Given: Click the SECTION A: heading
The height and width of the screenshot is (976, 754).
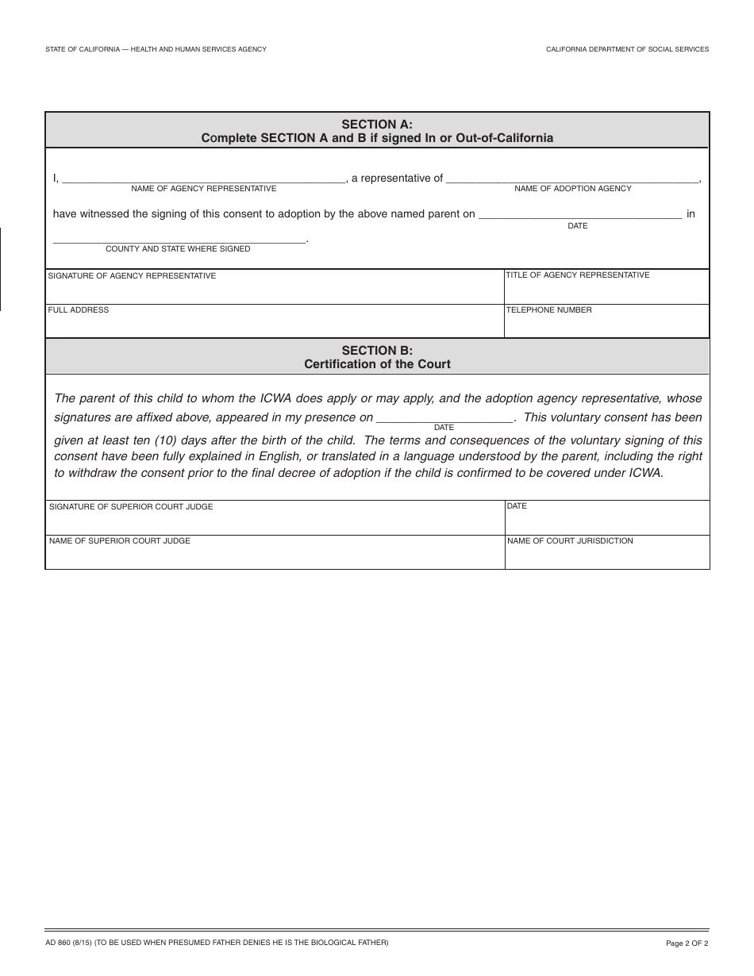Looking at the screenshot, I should (377, 124).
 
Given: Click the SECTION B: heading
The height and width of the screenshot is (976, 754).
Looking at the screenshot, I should (377, 350).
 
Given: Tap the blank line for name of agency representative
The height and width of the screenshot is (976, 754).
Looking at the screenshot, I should (203, 178).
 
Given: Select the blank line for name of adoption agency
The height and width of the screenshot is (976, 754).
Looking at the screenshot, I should (572, 178).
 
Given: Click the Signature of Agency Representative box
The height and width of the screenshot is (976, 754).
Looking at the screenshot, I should (275, 290).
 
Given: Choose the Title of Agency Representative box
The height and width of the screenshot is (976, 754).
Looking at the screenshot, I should (606, 290).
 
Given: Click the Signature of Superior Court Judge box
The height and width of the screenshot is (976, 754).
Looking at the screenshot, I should (275, 521).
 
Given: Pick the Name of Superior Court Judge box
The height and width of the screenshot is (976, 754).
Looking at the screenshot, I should (275, 555).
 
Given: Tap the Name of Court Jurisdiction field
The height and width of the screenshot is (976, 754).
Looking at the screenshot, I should (606, 555).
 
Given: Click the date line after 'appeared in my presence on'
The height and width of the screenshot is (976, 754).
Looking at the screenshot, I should (444, 417).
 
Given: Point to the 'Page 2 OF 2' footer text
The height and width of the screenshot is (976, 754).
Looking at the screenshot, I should (687, 943).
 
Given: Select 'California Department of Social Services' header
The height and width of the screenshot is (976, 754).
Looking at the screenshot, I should (627, 49).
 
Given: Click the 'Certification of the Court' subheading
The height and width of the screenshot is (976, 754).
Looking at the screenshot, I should (377, 364).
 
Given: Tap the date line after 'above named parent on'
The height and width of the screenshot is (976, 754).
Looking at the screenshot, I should (580, 213).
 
